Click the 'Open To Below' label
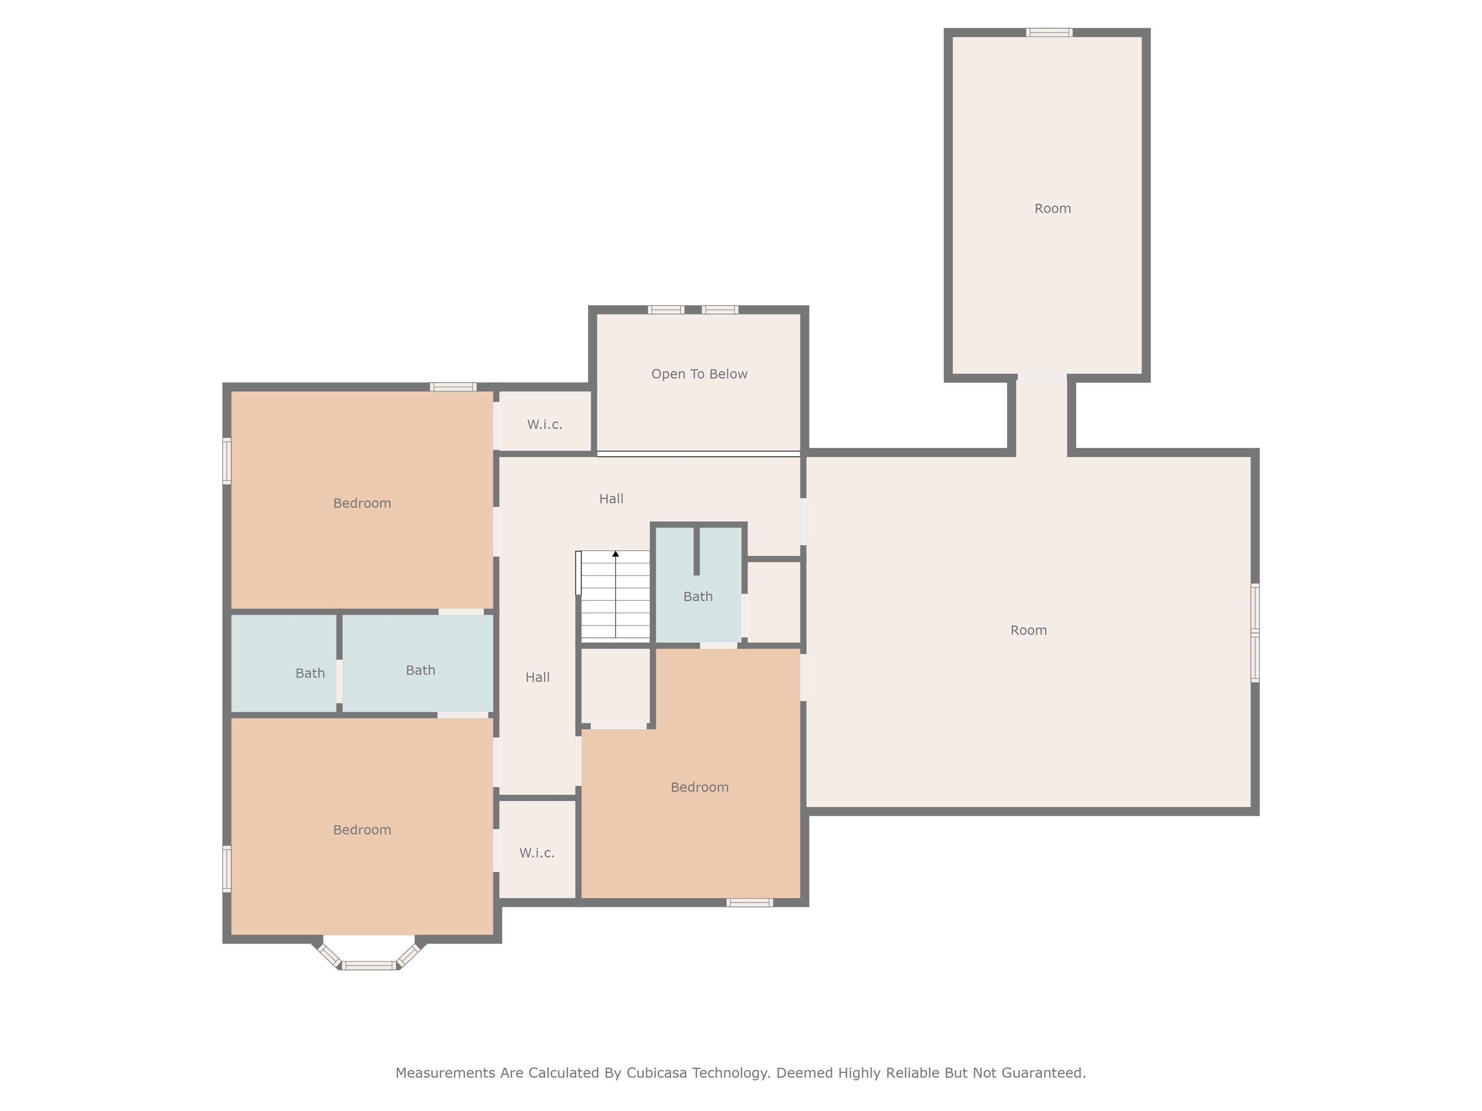(699, 374)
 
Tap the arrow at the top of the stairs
(615, 554)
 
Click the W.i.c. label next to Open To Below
(544, 424)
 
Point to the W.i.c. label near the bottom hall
(536, 853)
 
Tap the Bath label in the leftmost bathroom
(310, 674)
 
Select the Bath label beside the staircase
(698, 596)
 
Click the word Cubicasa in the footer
(656, 1073)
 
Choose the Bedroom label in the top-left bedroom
(362, 503)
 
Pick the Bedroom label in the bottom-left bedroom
(362, 830)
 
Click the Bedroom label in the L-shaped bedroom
(699, 787)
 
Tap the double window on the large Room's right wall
(1255, 633)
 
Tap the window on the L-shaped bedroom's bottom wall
(749, 903)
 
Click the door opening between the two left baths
(339, 682)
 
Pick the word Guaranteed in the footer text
(1043, 1073)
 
